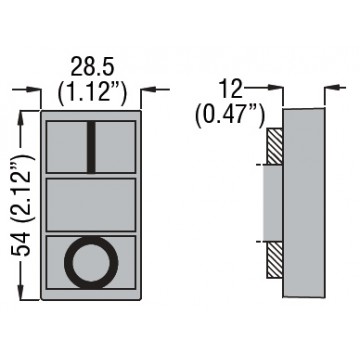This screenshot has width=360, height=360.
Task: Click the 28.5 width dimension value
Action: tap(93, 68)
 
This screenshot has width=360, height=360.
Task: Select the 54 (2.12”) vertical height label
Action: tap(24, 206)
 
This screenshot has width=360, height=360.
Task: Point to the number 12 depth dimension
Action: tap(231, 89)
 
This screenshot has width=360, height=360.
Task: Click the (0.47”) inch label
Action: tap(230, 115)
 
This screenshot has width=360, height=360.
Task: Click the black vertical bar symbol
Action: tap(91, 147)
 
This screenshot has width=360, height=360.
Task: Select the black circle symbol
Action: tap(91, 262)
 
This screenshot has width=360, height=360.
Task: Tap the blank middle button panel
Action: tap(91, 205)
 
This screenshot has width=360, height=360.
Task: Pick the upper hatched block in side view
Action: tap(275, 146)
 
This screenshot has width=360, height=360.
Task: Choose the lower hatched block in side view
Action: tap(275, 260)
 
